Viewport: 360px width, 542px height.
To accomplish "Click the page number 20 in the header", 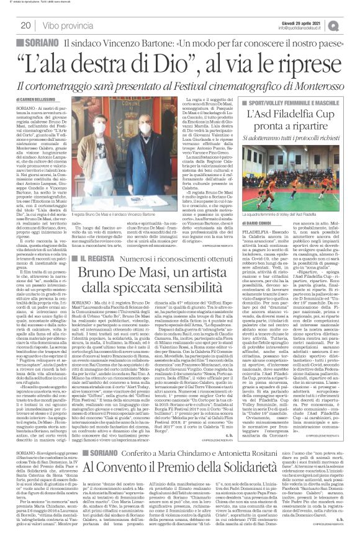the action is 26,25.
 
